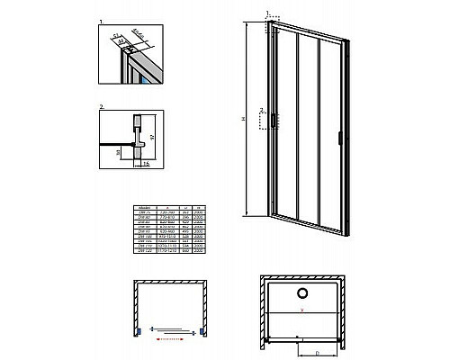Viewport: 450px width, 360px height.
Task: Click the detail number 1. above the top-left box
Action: (101, 17)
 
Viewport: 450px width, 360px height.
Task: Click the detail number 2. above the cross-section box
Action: (101, 107)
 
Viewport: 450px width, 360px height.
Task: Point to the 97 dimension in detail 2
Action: (150, 136)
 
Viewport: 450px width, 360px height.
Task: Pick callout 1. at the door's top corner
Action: (268, 13)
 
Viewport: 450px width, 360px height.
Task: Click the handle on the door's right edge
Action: (338, 137)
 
